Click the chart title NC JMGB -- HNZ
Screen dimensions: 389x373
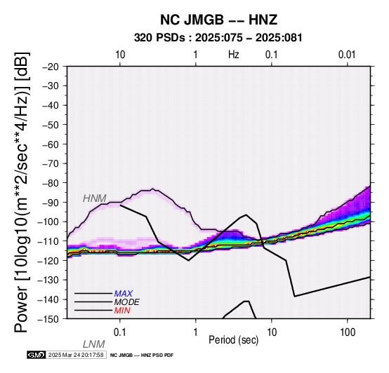tap(218, 20)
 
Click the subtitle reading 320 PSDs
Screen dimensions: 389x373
tap(159, 38)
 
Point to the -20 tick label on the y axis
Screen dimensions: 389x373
tap(51, 67)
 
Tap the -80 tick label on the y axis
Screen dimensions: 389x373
tap(51, 183)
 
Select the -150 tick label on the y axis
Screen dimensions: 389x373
tap(48, 319)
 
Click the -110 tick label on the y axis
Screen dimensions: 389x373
tap(48, 241)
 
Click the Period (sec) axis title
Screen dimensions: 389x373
tap(233, 340)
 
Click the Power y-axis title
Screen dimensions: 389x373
tap(21, 192)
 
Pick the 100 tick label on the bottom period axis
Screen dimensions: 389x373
tap(348, 332)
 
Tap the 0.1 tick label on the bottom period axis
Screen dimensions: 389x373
tap(120, 332)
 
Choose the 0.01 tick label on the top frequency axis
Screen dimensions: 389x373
tap(347, 55)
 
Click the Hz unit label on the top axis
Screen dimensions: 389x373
tap(233, 55)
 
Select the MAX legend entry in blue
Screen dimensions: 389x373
tap(124, 294)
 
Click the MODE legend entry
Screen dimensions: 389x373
tap(127, 302)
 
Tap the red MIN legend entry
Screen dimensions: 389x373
tap(122, 311)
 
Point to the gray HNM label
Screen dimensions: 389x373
tap(95, 198)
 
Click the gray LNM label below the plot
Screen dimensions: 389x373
tap(94, 344)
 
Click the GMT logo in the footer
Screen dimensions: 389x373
tap(37, 355)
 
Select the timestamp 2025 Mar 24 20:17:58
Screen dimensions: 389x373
tap(76, 355)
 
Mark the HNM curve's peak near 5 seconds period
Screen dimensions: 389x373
tap(246, 215)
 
